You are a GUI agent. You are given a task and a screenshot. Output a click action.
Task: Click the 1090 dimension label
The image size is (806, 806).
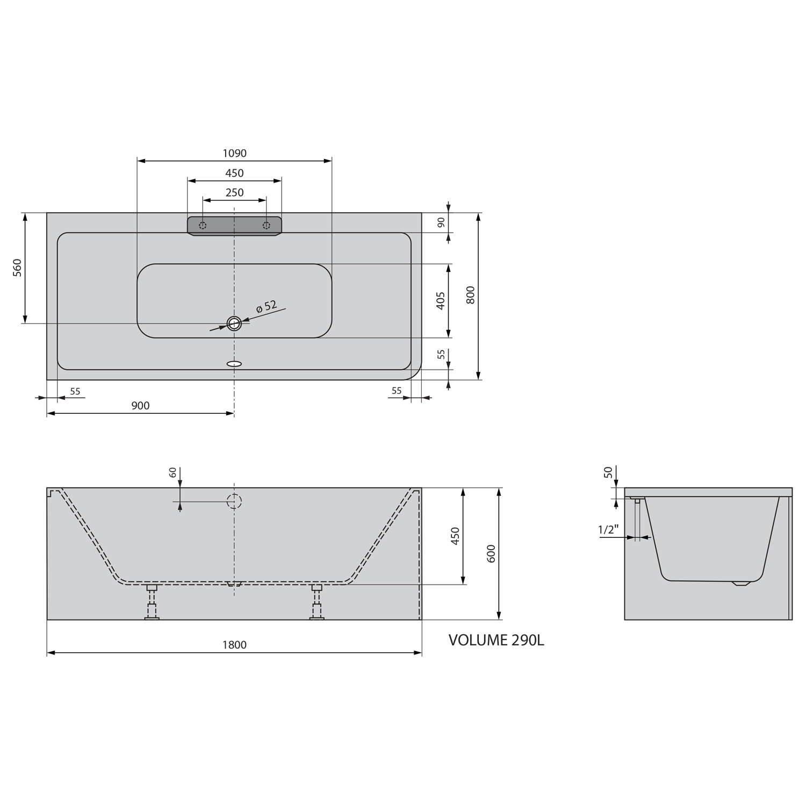(x=234, y=154)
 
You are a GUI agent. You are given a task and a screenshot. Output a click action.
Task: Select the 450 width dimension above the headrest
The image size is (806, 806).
(x=234, y=174)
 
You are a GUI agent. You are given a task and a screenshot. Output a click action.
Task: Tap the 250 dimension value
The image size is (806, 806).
(x=234, y=193)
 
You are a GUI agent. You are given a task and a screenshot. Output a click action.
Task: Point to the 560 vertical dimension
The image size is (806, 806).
(x=18, y=268)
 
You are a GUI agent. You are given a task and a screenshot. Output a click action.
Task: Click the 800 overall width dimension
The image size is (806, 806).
(x=471, y=295)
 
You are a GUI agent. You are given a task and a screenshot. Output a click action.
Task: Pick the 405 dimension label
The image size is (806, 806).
(x=441, y=301)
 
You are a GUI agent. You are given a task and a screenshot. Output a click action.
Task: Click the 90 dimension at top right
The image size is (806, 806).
(x=441, y=222)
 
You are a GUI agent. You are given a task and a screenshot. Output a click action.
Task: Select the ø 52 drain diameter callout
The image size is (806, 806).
(x=267, y=307)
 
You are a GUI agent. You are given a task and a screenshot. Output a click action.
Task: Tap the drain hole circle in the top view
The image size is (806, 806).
(x=234, y=323)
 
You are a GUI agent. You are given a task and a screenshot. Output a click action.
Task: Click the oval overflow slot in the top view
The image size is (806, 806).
(x=234, y=364)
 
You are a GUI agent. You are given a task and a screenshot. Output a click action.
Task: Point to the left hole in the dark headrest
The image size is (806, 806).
(x=203, y=225)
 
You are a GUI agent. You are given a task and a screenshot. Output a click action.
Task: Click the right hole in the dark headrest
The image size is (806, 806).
(x=266, y=225)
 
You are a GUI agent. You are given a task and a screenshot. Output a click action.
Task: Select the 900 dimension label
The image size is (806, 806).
(x=140, y=406)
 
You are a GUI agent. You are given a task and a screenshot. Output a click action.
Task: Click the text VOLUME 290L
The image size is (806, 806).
(x=496, y=641)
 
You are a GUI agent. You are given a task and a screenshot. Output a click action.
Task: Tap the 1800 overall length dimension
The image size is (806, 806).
(x=234, y=645)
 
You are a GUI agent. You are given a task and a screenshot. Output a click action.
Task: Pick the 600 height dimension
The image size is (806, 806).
(x=491, y=554)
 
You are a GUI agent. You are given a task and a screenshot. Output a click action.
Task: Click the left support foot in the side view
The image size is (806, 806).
(x=152, y=603)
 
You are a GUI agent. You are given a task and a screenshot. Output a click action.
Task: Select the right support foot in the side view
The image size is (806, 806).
(x=317, y=603)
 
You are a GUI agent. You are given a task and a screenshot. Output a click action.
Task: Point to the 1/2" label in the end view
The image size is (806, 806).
(x=608, y=530)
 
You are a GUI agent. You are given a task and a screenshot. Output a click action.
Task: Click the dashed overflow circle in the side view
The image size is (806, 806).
(x=234, y=501)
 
